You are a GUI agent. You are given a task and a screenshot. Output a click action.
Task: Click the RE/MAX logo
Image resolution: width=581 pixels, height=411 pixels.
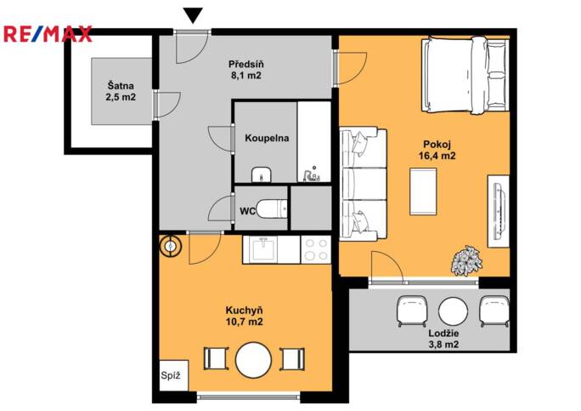(x=48, y=34)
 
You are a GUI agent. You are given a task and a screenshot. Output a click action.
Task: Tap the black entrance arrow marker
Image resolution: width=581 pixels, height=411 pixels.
(x=193, y=15)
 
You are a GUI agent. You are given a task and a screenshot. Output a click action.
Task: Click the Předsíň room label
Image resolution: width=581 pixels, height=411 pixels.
(x=246, y=65)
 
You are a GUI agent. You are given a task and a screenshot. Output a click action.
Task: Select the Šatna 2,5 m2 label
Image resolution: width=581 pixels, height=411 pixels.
(x=121, y=92)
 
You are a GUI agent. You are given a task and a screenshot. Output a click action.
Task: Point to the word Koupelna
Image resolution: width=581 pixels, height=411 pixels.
(x=267, y=138)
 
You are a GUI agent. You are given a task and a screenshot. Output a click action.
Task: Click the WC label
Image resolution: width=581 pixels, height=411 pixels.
(x=247, y=211)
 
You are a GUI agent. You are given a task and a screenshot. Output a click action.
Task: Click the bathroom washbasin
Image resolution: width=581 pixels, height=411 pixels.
(x=262, y=174)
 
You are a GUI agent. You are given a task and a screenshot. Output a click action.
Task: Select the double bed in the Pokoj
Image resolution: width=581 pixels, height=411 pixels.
(x=465, y=75)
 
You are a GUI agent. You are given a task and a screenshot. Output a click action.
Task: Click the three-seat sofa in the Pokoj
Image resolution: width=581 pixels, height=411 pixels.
(x=364, y=184)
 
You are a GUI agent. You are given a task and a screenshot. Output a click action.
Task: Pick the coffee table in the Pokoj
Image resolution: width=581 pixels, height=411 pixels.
(x=423, y=191)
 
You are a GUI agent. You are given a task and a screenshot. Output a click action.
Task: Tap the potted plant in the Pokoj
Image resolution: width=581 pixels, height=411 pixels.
(x=466, y=260)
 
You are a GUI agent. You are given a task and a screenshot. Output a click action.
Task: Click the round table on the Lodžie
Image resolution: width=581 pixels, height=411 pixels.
(x=453, y=311)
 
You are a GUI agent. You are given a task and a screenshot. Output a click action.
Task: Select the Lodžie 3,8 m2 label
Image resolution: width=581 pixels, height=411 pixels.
(x=443, y=339)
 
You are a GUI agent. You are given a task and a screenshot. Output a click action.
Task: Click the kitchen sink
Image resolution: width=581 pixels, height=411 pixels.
(x=263, y=248)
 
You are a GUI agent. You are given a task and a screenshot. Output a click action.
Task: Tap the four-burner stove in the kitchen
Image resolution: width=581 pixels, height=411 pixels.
(x=316, y=249)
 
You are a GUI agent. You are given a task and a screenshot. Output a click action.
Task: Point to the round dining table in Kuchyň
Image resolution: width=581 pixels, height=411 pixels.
(x=253, y=360)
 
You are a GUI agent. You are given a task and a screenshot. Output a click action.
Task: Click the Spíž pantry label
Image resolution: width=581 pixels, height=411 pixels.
(x=171, y=375)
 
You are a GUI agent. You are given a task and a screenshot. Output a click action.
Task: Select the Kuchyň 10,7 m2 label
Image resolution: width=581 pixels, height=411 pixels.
(x=244, y=316)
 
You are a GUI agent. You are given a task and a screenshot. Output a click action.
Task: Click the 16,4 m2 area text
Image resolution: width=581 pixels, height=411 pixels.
(x=437, y=156)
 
